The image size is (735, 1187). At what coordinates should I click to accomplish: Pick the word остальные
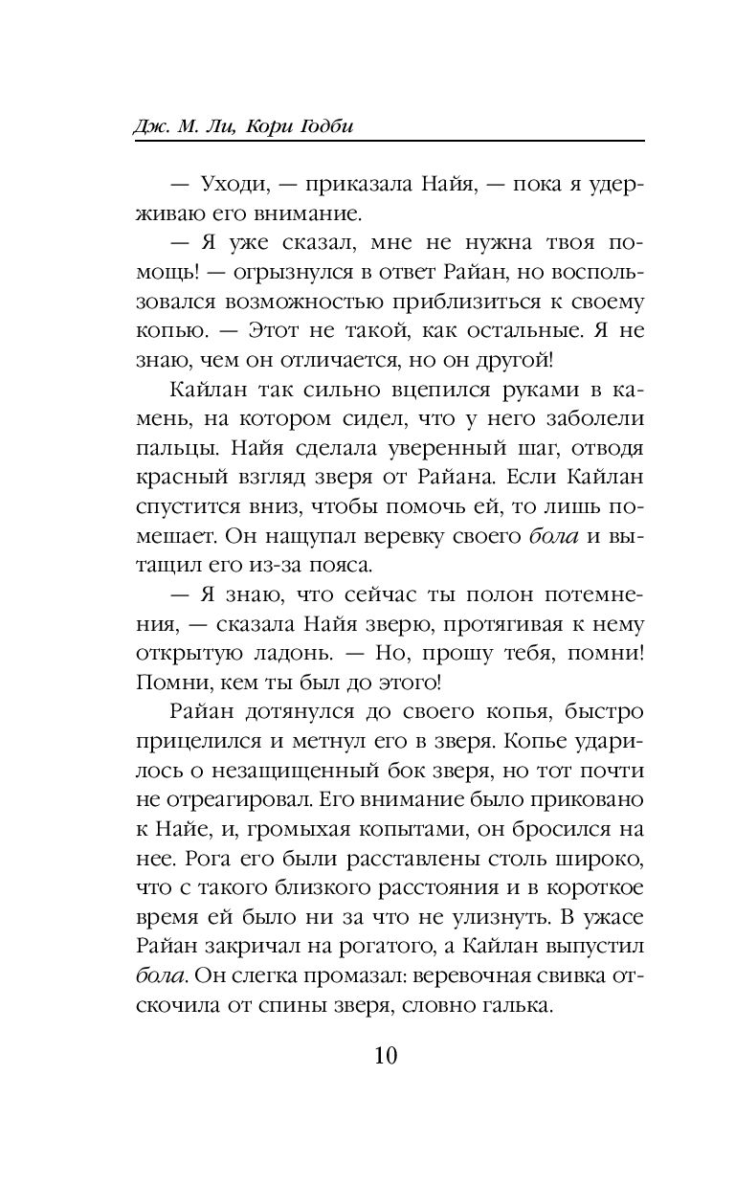click(x=511, y=329)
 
